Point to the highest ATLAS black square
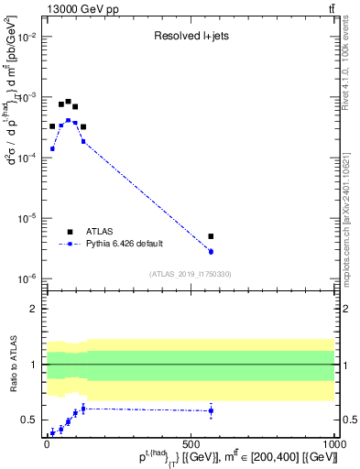[69, 102]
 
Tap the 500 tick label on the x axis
[191, 442]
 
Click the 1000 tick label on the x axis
[333, 442]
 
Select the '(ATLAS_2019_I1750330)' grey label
[191, 273]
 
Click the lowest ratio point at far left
[52, 432]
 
